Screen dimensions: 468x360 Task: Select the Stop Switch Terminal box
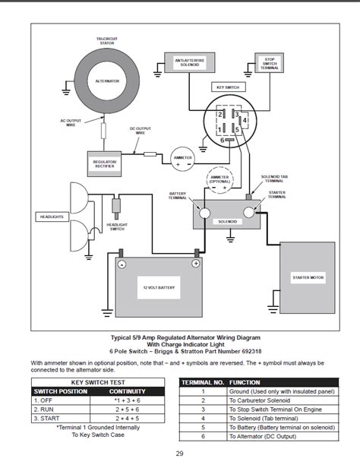(x=270, y=63)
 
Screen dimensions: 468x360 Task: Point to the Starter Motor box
(x=307, y=278)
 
